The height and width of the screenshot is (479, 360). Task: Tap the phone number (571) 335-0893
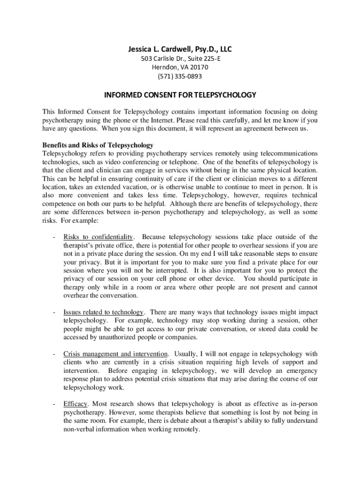[x=180, y=76]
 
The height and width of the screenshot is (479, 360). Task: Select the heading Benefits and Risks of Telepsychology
[x=98, y=145]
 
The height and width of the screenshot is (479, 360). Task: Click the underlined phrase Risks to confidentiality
[x=99, y=237]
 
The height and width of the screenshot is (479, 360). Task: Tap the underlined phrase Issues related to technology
[x=104, y=312]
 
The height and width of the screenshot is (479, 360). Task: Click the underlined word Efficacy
[x=75, y=403]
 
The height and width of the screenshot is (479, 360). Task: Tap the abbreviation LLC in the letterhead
[x=224, y=49]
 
